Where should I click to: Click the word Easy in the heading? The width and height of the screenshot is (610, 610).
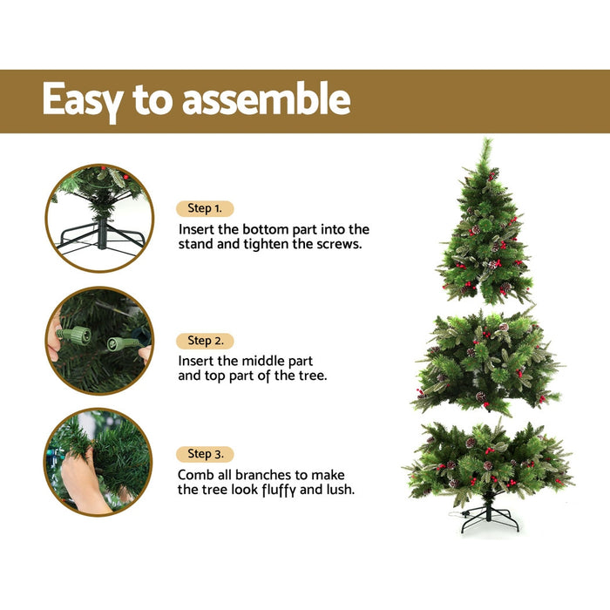pyautogui.click(x=83, y=100)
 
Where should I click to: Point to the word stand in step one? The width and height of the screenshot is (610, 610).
pyautogui.click(x=198, y=245)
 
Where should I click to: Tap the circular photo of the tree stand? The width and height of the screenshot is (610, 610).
pyautogui.click(x=99, y=218)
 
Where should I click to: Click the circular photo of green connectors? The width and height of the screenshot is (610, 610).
pyautogui.click(x=99, y=341)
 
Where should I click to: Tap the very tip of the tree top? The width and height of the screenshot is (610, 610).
pyautogui.click(x=488, y=141)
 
